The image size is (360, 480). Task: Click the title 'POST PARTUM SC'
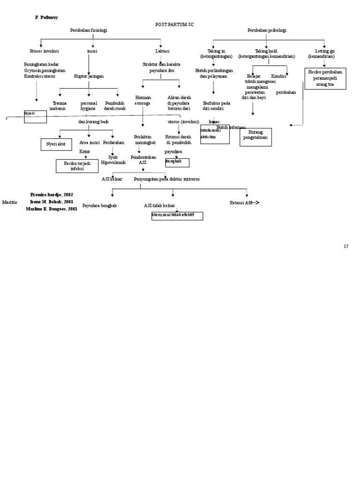174,23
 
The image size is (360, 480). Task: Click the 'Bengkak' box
177,162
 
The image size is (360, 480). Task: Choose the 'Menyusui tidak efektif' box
177,216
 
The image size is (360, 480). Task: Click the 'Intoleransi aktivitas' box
215,134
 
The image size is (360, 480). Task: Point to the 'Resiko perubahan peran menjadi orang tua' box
325,78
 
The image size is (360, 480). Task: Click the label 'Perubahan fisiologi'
89,30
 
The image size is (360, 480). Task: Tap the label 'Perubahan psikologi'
267,30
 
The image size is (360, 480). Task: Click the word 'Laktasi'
162,51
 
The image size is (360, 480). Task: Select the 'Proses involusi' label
44,51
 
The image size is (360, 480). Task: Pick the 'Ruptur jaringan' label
89,76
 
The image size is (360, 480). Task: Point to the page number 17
346,247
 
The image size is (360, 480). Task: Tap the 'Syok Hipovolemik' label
113,160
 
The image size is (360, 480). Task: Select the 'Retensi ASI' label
241,202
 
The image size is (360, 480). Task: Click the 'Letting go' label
324,51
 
